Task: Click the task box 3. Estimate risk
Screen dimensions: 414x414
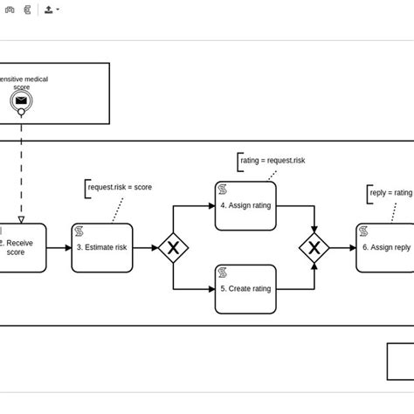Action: coord(102,248)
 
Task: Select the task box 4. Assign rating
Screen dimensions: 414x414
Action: coord(245,206)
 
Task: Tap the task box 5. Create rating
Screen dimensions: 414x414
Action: coord(245,289)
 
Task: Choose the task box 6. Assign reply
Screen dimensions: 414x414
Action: coord(385,248)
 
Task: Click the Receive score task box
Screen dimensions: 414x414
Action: coord(19,248)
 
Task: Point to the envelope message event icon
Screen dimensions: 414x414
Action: coord(21,101)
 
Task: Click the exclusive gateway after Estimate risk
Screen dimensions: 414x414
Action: coord(173,248)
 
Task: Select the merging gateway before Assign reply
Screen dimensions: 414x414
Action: coord(314,248)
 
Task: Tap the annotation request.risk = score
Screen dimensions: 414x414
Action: coord(120,187)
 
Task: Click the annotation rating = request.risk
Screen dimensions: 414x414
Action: coord(273,161)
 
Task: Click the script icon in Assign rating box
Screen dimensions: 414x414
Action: coord(224,189)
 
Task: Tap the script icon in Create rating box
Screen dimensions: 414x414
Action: coord(224,273)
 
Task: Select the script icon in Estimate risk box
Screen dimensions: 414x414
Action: coord(79,231)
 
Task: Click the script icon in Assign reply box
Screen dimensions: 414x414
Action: coord(363,231)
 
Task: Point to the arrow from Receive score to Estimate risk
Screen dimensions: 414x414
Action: coord(59,248)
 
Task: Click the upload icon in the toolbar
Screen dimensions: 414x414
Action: coord(49,10)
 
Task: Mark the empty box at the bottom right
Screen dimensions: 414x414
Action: coord(400,361)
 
